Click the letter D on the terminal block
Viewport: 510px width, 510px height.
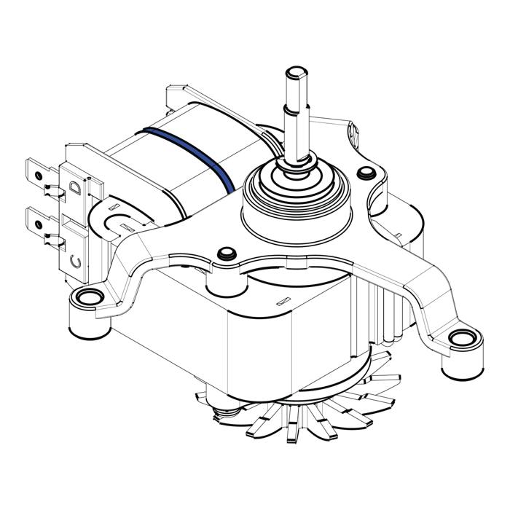(75, 188)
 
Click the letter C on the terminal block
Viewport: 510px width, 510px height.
(76, 261)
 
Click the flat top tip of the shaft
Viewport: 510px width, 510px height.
(297, 71)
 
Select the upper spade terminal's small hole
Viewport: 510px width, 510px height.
(39, 176)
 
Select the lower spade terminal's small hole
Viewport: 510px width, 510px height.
(39, 224)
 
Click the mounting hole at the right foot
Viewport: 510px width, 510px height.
(462, 339)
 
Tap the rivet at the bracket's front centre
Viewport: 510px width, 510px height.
(227, 254)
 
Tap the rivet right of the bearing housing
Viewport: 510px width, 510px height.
(366, 173)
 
